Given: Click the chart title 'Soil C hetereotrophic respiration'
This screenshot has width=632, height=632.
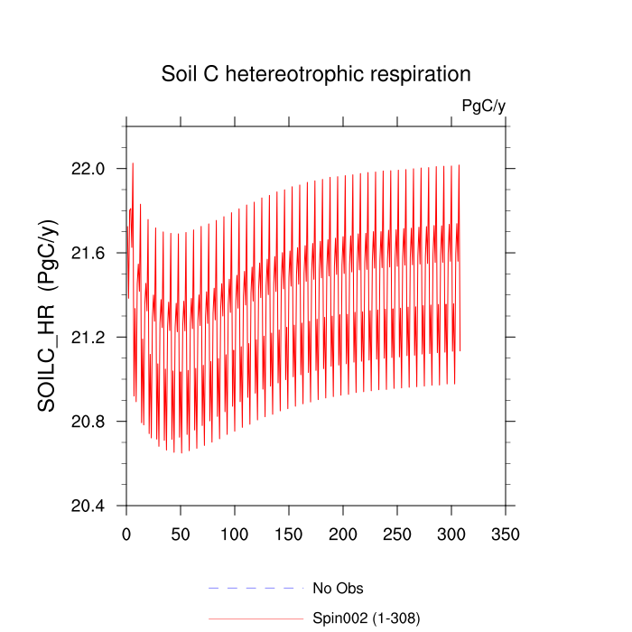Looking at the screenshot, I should [316, 73].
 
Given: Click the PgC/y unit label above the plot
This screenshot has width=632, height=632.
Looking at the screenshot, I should [483, 107].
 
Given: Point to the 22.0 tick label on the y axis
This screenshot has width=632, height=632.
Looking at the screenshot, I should [88, 169].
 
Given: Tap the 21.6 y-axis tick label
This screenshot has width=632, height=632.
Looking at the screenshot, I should [88, 253].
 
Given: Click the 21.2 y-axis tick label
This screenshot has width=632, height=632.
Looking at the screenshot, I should [88, 338].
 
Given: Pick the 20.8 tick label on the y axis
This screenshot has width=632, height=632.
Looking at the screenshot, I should [88, 422].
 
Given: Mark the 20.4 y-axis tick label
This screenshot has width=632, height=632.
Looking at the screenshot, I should [88, 506].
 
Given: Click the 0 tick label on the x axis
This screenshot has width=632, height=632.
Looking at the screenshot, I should [126, 534].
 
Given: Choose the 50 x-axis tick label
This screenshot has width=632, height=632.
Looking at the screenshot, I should [181, 534].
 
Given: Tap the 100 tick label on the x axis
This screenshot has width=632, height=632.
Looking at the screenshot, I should [235, 534].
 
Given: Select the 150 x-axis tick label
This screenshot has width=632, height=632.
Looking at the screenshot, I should [289, 534].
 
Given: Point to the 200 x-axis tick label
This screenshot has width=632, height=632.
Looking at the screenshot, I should [343, 534].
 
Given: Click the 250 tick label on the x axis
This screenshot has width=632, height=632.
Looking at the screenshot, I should [397, 534].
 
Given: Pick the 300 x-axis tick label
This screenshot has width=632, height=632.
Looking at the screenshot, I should [451, 534].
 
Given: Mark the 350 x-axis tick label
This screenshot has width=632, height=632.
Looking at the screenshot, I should [506, 534].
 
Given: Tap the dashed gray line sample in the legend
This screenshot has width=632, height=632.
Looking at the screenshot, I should [255, 589].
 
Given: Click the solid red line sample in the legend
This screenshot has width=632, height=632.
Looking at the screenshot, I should [255, 618].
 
